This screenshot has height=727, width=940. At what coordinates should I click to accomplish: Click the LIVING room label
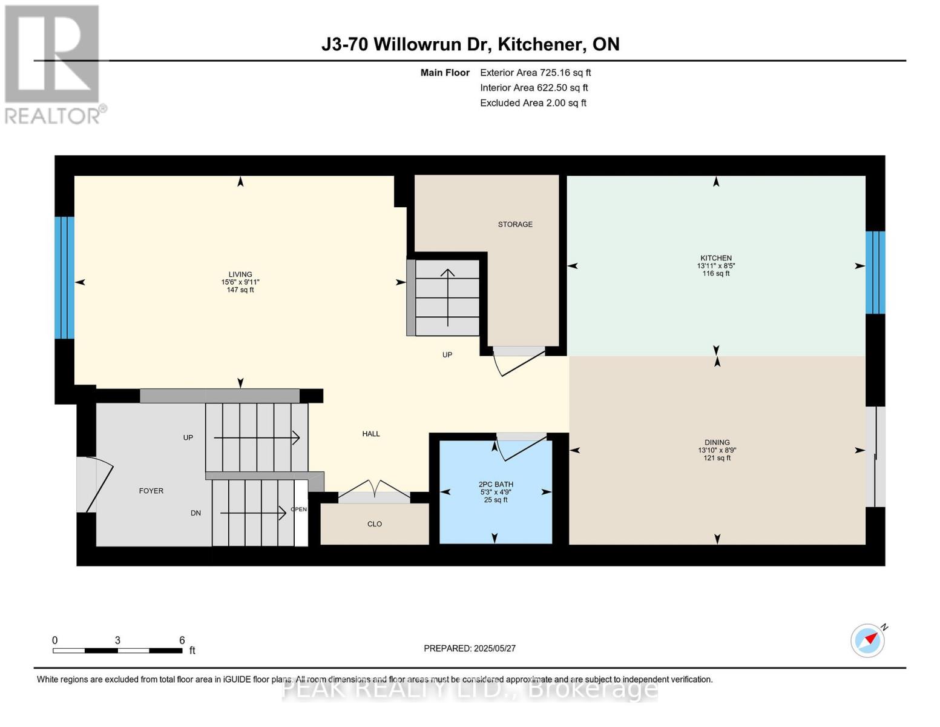[x=240, y=274]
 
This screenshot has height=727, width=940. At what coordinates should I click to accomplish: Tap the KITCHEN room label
[x=716, y=258]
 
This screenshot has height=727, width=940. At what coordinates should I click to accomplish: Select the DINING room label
[x=717, y=442]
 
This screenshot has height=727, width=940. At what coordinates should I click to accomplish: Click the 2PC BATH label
[x=496, y=484]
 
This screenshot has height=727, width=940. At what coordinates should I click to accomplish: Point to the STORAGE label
[x=515, y=224]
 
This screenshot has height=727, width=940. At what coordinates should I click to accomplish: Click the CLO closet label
[x=374, y=524]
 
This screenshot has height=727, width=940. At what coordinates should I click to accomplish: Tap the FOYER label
[x=151, y=491]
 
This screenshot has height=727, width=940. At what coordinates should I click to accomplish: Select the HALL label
[x=370, y=434]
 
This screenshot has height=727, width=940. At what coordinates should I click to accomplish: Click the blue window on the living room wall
[x=64, y=277]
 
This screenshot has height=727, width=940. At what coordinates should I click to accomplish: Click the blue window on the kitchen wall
[x=875, y=273]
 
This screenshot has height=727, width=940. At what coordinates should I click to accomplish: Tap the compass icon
[x=867, y=640]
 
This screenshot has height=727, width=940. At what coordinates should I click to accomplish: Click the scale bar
[x=117, y=651]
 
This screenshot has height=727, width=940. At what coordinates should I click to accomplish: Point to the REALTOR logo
[x=53, y=64]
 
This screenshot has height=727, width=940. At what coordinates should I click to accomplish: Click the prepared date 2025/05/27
[x=469, y=648]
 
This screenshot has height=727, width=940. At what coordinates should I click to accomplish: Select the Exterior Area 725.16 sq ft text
[x=535, y=73]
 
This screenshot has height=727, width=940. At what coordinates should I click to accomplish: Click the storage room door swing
[x=518, y=362]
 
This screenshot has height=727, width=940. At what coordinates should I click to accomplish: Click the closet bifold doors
[x=374, y=490]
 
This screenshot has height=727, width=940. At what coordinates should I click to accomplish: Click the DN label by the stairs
[x=196, y=513]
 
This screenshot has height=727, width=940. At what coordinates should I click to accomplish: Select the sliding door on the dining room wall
[x=875, y=456]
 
